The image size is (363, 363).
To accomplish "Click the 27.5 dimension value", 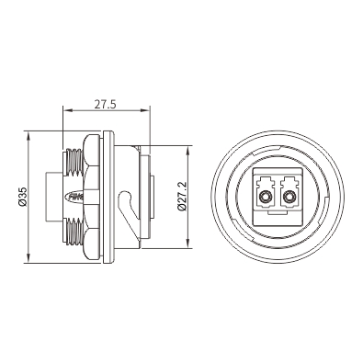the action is pyautogui.click(x=105, y=105).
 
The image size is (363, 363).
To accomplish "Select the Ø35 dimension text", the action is pyautogui.click(x=24, y=197).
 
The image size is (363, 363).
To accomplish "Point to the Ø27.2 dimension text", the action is pyautogui.click(x=182, y=196).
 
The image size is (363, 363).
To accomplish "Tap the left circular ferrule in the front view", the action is pyautogui.click(x=264, y=197).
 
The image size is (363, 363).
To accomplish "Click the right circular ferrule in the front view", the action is pyautogui.click(x=289, y=197).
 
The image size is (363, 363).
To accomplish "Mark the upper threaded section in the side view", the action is pyautogui.click(x=73, y=162).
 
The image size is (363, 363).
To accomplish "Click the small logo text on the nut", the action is pyautogui.click(x=75, y=197).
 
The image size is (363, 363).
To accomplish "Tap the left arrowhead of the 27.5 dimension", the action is pyautogui.click(x=66, y=110).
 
